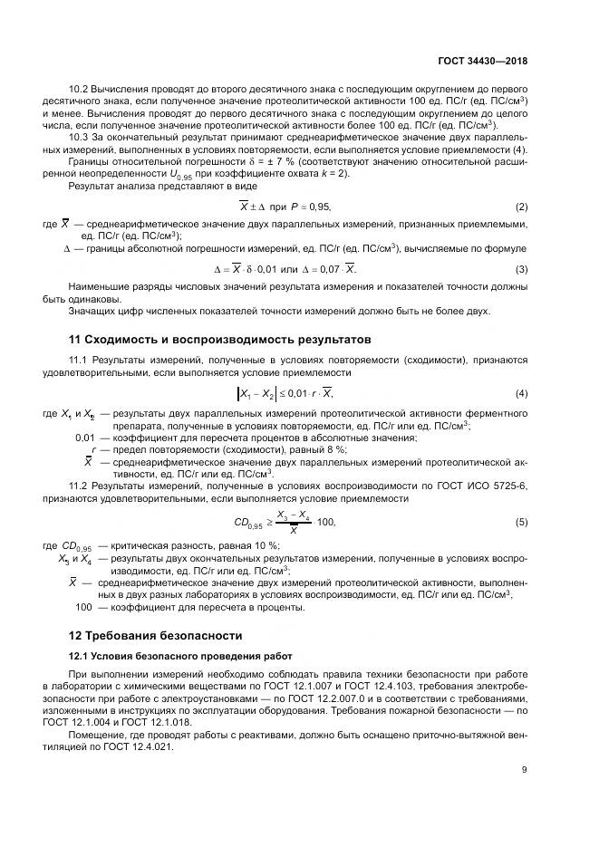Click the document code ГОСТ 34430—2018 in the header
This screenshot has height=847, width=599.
tap(482, 61)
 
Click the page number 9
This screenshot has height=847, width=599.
tap(524, 770)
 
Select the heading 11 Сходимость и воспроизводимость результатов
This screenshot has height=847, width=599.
tap(220, 341)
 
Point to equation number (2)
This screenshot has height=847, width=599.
tap(521, 207)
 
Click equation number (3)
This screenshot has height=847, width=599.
tap(521, 269)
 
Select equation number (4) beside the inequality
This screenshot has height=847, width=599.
tap(521, 392)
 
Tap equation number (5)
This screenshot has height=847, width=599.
tap(521, 523)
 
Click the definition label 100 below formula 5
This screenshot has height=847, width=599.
tap(83, 607)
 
